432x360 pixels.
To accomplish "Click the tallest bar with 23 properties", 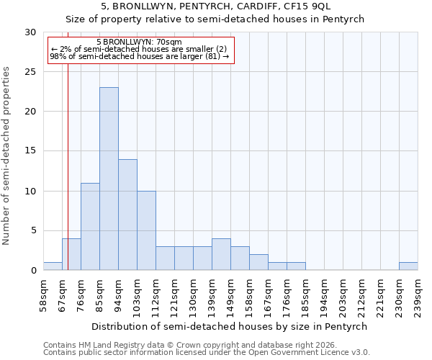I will tap(109, 179).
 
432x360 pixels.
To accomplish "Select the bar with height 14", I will tap(127, 215).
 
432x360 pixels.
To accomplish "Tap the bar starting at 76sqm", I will tap(90, 226).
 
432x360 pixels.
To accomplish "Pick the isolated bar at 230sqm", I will tap(408, 266).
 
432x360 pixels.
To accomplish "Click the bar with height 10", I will tap(146, 230).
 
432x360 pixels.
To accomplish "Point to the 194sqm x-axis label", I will tap(325, 294).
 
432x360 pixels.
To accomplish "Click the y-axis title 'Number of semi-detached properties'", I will tap(6, 156).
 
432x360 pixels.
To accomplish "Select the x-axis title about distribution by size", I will tap(230, 326).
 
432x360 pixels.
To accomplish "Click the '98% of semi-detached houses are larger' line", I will tap(139, 56).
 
